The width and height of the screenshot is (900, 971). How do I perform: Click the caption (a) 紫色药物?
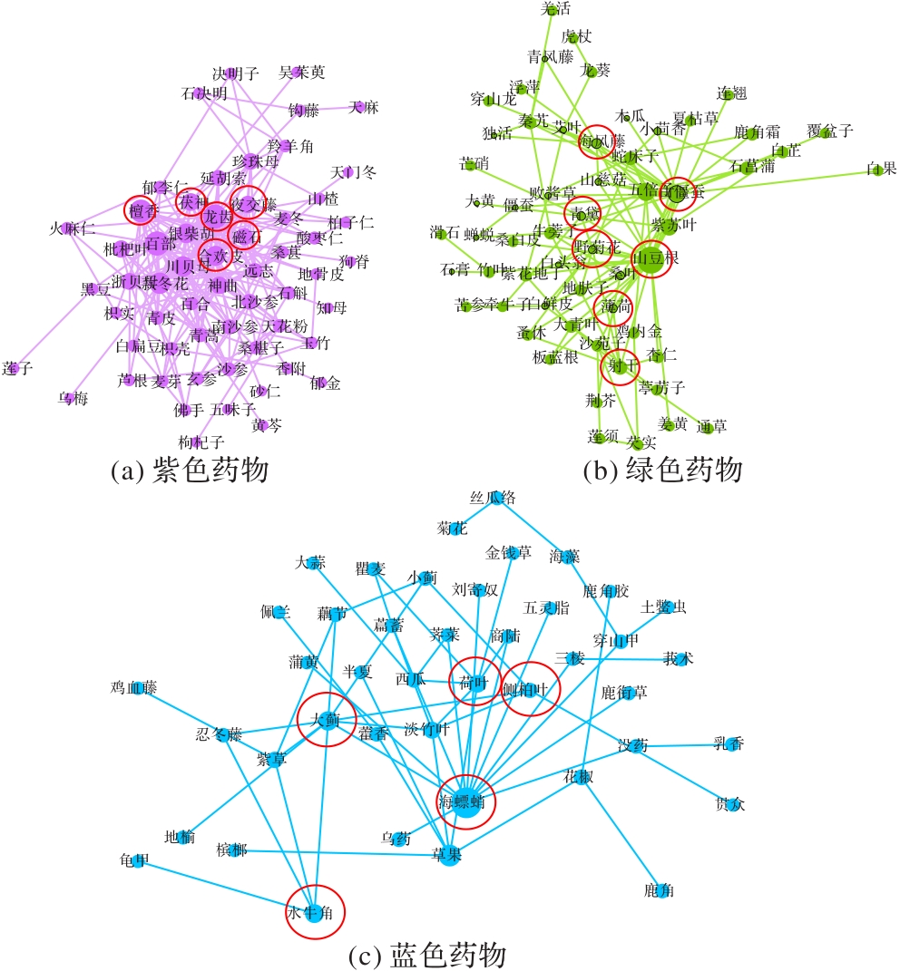pyautogui.click(x=190, y=471)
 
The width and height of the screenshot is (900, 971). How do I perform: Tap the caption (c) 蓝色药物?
pyautogui.click(x=427, y=956)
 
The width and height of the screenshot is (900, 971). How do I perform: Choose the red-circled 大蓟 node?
pyautogui.click(x=327, y=720)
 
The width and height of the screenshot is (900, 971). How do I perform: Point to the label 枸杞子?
pyautogui.click(x=199, y=442)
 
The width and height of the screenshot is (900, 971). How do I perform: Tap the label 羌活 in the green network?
pyautogui.click(x=556, y=9)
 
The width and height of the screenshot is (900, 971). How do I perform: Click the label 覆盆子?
pyautogui.click(x=829, y=131)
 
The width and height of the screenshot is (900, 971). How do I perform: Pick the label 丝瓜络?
pyautogui.click(x=493, y=497)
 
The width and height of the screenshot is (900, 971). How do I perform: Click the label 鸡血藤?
pyautogui.click(x=134, y=689)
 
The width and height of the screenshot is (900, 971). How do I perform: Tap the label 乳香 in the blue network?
pyautogui.click(x=730, y=745)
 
